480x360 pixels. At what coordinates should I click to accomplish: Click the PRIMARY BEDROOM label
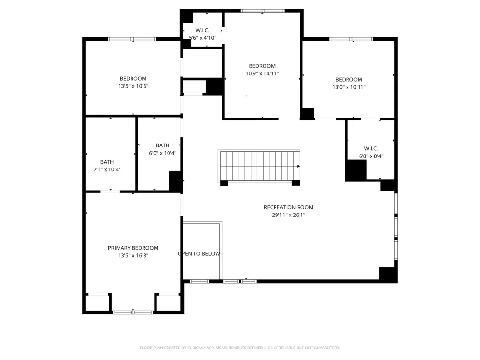[133, 248]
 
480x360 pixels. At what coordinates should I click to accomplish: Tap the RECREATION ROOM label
[288, 207]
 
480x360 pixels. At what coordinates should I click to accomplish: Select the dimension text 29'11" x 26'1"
[288, 215]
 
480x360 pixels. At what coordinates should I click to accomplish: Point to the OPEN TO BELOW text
[199, 254]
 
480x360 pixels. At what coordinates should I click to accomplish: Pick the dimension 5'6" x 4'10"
[203, 38]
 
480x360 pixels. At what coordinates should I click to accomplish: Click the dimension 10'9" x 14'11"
[262, 73]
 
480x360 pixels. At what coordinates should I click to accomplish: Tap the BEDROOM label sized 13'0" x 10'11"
[348, 80]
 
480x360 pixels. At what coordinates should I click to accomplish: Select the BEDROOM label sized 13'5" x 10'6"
[133, 79]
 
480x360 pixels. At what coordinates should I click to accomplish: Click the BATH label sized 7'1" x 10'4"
[107, 162]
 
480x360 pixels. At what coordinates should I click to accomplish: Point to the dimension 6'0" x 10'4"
[163, 153]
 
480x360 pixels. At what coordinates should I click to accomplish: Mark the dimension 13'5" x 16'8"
[133, 256]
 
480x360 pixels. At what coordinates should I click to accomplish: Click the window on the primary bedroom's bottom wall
[133, 312]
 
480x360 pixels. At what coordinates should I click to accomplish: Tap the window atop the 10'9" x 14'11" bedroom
[263, 11]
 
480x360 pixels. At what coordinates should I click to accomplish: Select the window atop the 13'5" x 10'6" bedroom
[132, 39]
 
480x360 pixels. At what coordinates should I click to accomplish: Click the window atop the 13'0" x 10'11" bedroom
[351, 39]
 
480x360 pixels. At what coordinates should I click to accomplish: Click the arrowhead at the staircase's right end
[299, 166]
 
